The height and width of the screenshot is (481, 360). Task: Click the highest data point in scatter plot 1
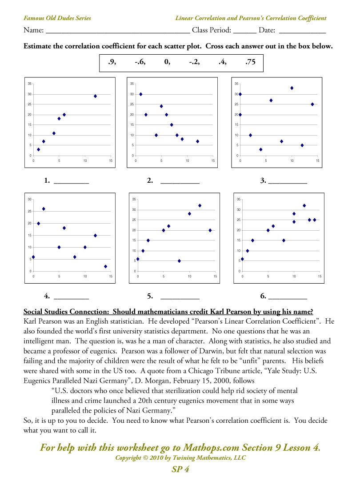click(95, 96)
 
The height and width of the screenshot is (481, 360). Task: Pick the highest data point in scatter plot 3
click(292, 88)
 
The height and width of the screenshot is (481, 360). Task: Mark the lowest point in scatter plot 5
click(179, 261)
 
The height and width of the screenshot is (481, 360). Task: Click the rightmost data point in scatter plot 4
click(106, 266)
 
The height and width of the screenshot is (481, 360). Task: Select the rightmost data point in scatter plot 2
click(197, 141)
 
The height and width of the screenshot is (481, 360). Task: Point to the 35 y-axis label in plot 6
click(239, 199)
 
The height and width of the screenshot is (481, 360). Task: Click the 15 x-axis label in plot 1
click(111, 160)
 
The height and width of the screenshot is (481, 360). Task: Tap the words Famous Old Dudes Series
click(57, 18)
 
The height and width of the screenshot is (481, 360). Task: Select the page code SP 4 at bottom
click(180, 469)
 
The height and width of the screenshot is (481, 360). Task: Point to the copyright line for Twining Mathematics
click(180, 458)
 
